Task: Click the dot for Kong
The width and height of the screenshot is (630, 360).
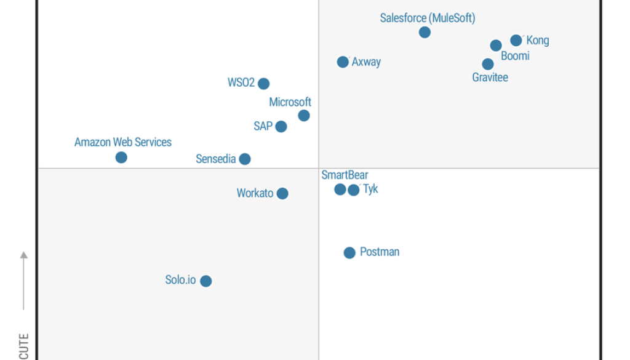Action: coord(516,41)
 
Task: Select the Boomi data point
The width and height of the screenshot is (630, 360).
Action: coord(496,46)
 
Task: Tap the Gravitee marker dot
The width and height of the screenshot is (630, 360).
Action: coord(488,64)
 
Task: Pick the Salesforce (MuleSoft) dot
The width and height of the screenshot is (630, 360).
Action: coord(425,32)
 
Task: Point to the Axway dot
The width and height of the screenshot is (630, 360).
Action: coord(343,62)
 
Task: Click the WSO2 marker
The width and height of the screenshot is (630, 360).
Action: coord(263,84)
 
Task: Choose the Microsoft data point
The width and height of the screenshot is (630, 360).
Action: coord(304,116)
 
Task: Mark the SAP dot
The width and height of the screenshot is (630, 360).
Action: coord(281,127)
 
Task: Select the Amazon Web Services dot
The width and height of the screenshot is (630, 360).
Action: coord(121,158)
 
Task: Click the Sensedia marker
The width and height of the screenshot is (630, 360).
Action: coord(245,159)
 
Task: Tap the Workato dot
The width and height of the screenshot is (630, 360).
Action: coord(282,194)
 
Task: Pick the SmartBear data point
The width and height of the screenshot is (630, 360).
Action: coord(340,190)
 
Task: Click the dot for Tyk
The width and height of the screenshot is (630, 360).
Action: coord(353,190)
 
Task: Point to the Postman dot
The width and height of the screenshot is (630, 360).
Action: coord(349,252)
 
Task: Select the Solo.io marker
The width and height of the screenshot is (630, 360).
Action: coord(206,281)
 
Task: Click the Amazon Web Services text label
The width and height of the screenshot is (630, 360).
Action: coord(123,142)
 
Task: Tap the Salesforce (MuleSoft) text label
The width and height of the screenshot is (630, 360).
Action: coord(428,18)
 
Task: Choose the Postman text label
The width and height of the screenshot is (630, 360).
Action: coord(380,252)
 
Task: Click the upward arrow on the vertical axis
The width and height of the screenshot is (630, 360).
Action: coord(24,255)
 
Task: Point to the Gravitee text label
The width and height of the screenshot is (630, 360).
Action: coord(490,78)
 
